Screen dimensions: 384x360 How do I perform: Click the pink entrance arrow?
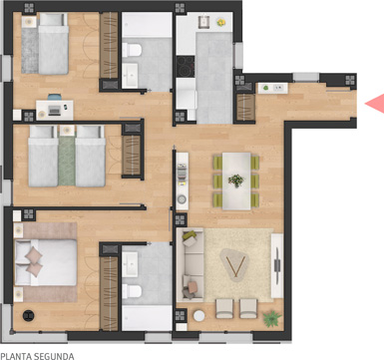coord(377,104)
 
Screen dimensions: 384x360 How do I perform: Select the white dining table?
coord(236,181)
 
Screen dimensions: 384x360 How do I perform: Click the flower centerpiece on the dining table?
coord(236,180)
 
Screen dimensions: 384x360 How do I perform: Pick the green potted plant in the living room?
coord(272,319)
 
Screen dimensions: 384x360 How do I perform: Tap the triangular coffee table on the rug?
coord(234,265)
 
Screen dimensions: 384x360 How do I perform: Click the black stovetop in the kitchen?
coord(186,67)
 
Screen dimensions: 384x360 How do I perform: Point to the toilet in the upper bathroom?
coord(132,50)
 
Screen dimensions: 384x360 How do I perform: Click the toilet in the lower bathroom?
coord(132,291)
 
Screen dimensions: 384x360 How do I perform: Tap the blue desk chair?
coord(55,97)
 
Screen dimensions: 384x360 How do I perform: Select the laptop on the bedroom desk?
coord(54,110)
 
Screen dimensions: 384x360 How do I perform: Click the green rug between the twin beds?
coord(67,161)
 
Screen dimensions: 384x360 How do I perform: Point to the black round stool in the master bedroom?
coord(29,315)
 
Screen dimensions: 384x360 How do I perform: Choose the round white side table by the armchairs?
coord(198,316)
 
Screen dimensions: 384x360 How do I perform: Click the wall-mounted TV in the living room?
coord(277,265)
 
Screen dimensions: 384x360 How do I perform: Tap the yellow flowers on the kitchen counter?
coord(220,22)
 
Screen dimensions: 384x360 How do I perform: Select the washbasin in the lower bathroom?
coord(130,264)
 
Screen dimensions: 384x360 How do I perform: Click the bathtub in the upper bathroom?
coord(147,25)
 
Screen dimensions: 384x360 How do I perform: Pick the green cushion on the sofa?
coord(189,235)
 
